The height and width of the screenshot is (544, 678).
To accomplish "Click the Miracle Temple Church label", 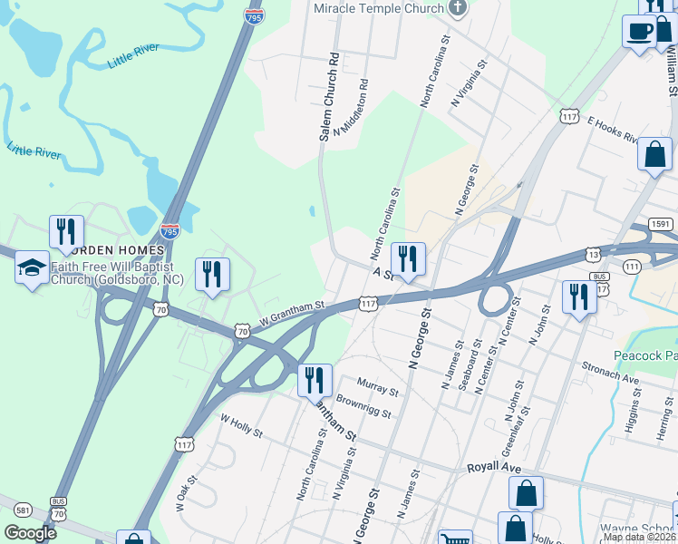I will (x=378, y=8).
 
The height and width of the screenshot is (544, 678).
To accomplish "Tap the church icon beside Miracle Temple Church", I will (x=459, y=8).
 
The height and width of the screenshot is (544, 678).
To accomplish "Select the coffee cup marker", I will (x=640, y=33).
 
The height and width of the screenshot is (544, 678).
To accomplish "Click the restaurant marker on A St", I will (x=408, y=260).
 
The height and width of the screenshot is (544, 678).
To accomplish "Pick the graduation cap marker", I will (x=32, y=269).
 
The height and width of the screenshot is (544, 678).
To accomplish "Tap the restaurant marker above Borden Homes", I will (x=66, y=233).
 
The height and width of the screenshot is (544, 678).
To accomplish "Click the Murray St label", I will (x=378, y=387).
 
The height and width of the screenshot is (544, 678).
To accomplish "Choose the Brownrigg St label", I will (x=363, y=406).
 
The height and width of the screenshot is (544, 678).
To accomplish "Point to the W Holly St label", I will (x=240, y=425).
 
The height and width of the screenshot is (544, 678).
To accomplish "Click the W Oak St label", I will (x=186, y=494).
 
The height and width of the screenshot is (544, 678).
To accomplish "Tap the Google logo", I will (x=29, y=533).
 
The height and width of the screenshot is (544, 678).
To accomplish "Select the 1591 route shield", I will (x=660, y=226).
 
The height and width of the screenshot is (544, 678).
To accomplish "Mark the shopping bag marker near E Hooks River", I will (x=654, y=155).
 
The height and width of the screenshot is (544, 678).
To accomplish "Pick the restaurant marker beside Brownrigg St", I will (x=315, y=382).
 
